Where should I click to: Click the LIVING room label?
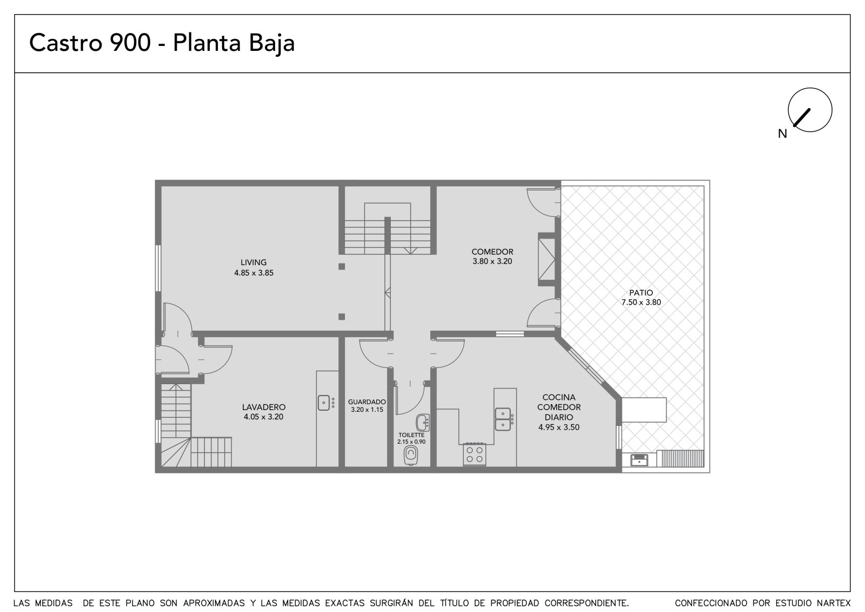[254, 262]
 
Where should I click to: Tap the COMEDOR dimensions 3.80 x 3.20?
[493, 261]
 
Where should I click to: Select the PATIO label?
[641, 293]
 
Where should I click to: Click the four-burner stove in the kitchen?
[475, 454]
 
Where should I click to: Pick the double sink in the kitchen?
[503, 419]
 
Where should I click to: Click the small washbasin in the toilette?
[423, 423]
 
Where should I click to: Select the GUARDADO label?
[367, 402]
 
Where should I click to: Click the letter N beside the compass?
[782, 134]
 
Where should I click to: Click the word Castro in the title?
[65, 43]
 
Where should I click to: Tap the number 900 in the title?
[130, 43]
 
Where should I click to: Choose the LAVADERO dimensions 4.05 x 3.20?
[263, 417]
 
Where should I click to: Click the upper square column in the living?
[342, 266]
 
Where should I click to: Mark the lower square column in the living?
[342, 317]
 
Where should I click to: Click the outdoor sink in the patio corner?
[639, 460]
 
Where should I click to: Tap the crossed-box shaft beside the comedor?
[547, 259]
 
